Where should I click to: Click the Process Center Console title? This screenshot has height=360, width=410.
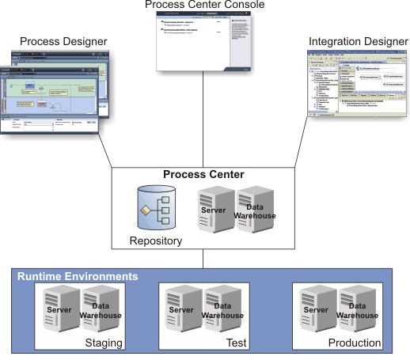pyautogui.click(x=204, y=6)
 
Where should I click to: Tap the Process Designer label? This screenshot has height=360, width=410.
pyautogui.click(x=63, y=40)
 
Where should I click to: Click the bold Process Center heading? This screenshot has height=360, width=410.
pyautogui.click(x=203, y=174)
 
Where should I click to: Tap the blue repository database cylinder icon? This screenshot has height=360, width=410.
pyautogui.click(x=155, y=207)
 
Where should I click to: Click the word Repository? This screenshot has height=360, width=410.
pyautogui.click(x=157, y=241)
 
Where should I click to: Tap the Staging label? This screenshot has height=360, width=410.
pyautogui.click(x=105, y=343)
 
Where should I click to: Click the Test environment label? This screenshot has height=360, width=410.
pyautogui.click(x=234, y=343)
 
